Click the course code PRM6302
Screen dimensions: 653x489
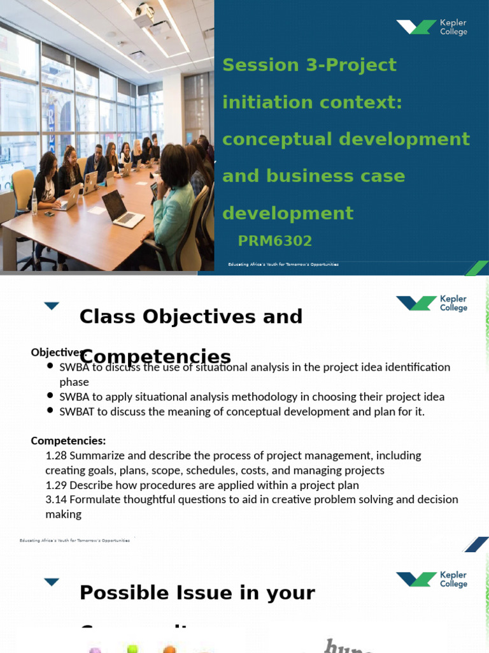tap(274, 241)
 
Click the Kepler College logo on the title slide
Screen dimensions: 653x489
tap(431, 27)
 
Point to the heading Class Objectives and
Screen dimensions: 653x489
tap(190, 316)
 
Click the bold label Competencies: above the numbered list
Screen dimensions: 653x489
tap(68, 441)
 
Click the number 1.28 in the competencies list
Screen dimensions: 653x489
tap(56, 455)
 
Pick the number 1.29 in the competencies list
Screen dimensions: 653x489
tap(56, 485)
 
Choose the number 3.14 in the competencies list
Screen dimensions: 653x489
tap(56, 499)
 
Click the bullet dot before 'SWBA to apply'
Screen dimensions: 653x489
tap(50, 397)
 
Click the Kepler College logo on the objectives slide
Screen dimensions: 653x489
tap(431, 303)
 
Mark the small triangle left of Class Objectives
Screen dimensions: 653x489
tap(52, 306)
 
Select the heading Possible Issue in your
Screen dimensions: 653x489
tap(197, 593)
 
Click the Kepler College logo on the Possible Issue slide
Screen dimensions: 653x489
tap(431, 579)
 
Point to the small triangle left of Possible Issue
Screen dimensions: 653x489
tap(52, 582)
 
